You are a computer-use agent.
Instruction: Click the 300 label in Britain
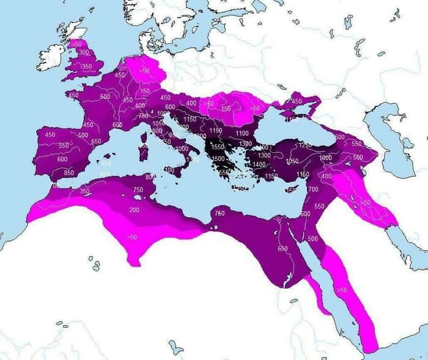pos(84,53)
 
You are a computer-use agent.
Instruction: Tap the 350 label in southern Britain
pos(86,66)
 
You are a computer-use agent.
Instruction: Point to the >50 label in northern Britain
pos(76,44)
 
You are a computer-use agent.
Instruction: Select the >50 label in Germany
pos(144,71)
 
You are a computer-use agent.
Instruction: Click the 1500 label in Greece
pos(218,158)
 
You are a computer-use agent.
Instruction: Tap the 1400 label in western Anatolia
pos(259,164)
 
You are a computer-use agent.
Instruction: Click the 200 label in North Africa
pos(135,210)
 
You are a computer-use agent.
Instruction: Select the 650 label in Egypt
pos(282,248)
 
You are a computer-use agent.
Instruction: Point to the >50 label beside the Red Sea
pos(342,289)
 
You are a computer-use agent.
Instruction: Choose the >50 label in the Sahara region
pos(132,237)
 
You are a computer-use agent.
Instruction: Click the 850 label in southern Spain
pos(68,173)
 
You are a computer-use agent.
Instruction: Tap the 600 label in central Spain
pos(62,159)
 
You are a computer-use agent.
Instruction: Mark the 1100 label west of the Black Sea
pos(242,133)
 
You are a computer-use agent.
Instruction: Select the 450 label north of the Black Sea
pos(297,101)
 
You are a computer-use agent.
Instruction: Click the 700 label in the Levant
pos(313,189)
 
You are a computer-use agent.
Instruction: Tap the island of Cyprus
pos(292,190)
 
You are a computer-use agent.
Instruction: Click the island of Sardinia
pos(144,150)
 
